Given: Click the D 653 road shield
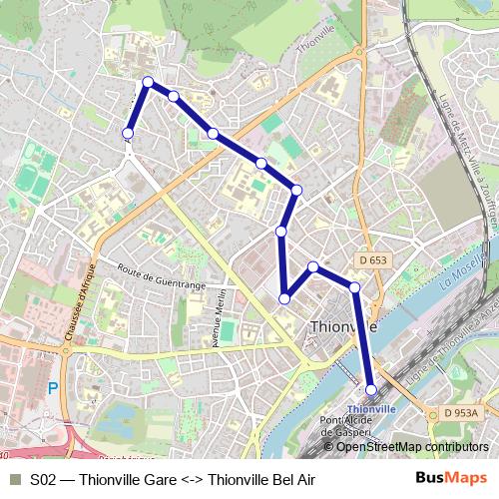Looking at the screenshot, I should (371, 260).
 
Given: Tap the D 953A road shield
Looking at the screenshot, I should (463, 413).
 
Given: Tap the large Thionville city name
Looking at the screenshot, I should (343, 326).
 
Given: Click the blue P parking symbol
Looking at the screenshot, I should (54, 388).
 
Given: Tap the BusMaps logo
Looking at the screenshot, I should (451, 479).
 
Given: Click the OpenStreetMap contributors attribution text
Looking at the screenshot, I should (412, 446).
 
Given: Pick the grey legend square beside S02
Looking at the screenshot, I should (14, 480).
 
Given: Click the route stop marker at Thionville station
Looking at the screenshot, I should (371, 390).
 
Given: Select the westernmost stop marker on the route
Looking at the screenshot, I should (128, 133).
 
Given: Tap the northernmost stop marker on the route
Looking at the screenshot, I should (148, 82).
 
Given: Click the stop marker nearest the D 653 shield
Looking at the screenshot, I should (354, 287).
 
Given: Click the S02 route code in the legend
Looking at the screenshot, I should (43, 480).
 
